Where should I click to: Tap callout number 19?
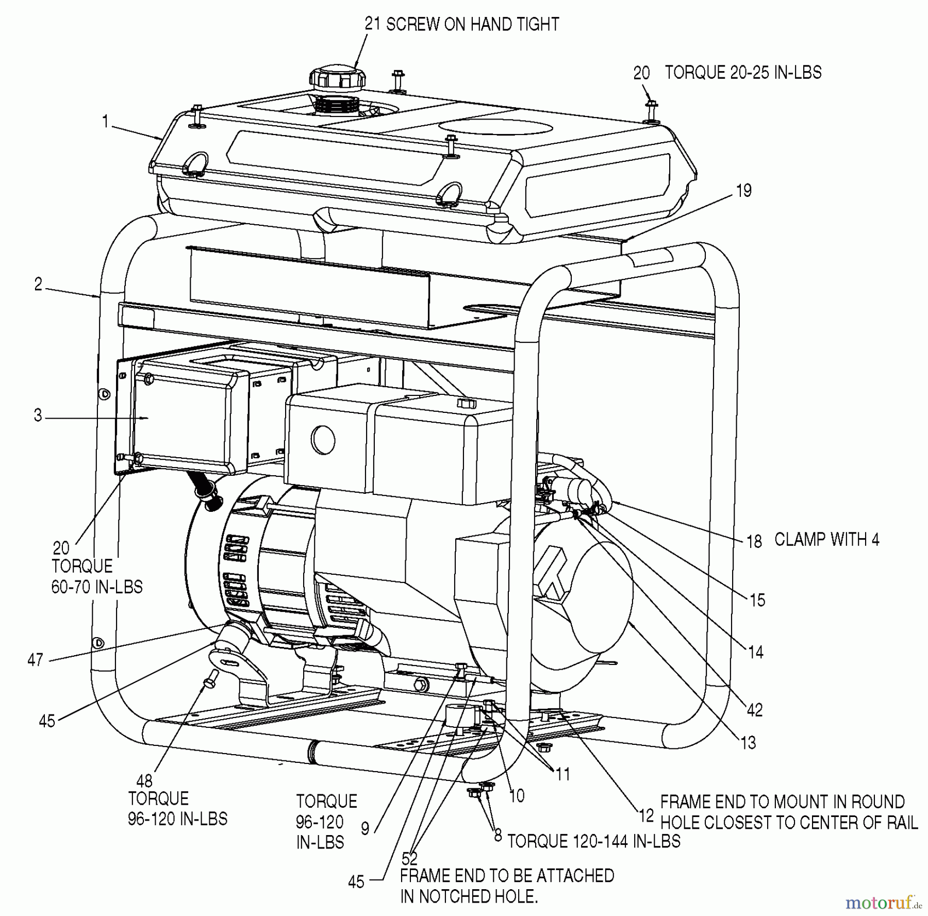(x=743, y=191)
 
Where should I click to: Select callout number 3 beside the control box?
(x=38, y=415)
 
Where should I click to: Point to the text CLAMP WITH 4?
(x=827, y=540)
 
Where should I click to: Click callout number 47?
(x=35, y=660)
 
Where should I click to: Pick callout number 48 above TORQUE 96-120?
(x=144, y=781)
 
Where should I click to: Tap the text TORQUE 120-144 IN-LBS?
(x=594, y=841)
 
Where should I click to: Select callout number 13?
(x=748, y=743)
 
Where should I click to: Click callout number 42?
(x=755, y=710)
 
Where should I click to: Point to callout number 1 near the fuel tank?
(x=106, y=122)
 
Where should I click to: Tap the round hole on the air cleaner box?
(x=323, y=440)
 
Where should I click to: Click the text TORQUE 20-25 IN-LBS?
(x=743, y=73)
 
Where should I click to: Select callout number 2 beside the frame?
(x=38, y=285)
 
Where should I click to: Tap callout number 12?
(x=646, y=815)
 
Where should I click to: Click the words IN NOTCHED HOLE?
(x=469, y=897)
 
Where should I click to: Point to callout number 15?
(x=757, y=601)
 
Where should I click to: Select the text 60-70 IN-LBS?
(x=97, y=587)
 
